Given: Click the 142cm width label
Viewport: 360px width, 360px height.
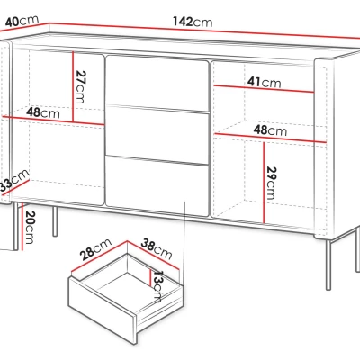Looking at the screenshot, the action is pyautogui.click(x=193, y=22).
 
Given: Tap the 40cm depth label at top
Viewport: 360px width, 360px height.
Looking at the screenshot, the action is pyautogui.click(x=22, y=21).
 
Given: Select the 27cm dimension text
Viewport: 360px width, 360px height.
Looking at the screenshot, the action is pyautogui.click(x=80, y=87).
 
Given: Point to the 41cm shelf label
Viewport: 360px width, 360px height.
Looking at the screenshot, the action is pyautogui.click(x=265, y=82).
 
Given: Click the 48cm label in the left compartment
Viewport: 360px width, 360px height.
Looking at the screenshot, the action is pyautogui.click(x=43, y=112).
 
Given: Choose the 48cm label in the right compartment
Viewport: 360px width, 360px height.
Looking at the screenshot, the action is pyautogui.click(x=270, y=130).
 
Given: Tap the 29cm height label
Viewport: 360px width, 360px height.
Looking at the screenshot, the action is pyautogui.click(x=271, y=183).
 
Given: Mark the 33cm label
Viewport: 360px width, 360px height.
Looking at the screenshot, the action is pyautogui.click(x=13, y=181).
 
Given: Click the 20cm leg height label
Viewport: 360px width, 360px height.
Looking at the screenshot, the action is pyautogui.click(x=31, y=227).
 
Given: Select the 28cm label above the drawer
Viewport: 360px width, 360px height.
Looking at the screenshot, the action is pyautogui.click(x=95, y=249).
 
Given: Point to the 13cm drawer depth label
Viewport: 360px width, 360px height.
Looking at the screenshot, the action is pyautogui.click(x=157, y=286).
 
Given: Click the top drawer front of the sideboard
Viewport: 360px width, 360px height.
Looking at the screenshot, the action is pyautogui.click(x=157, y=84).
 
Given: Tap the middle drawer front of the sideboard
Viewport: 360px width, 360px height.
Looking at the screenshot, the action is pyautogui.click(x=157, y=135).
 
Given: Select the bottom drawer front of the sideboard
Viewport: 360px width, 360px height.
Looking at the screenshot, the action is pyautogui.click(x=157, y=185).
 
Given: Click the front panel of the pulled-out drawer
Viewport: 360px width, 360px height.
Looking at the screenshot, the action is pyautogui.click(x=103, y=310).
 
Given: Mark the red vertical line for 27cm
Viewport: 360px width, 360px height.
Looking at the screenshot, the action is pyautogui.click(x=73, y=86).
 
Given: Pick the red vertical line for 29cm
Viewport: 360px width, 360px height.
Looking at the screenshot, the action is pyautogui.click(x=264, y=183).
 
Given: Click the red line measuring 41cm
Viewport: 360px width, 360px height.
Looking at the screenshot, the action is pyautogui.click(x=264, y=89).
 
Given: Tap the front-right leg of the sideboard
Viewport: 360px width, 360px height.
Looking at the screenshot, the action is pyautogui.click(x=328, y=265).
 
